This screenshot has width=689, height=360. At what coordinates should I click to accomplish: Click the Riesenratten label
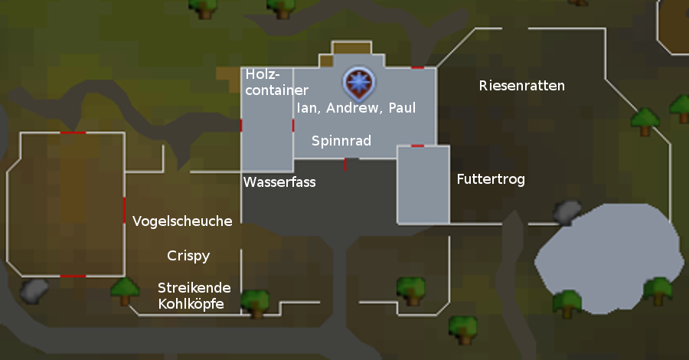point(521,85)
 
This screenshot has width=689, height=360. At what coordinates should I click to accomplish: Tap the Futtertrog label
point(490,180)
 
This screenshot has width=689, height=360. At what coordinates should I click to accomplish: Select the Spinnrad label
point(341,141)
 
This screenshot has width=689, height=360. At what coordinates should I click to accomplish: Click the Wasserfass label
point(279,182)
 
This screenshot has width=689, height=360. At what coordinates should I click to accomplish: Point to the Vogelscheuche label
point(182,221)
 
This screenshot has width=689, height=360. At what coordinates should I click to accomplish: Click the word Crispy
point(188,256)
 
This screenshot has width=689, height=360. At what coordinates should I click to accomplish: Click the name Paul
point(402,108)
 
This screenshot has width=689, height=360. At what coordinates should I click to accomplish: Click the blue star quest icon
point(355,80)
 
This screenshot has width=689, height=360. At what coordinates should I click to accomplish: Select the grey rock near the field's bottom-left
point(34,290)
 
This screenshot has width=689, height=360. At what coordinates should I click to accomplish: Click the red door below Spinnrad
point(345,164)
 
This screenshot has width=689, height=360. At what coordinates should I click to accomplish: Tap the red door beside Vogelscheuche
point(125,210)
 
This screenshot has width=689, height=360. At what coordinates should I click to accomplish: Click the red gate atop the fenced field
point(73,133)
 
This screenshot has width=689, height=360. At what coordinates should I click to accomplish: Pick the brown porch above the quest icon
point(351,47)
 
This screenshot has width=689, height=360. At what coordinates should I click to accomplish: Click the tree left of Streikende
point(124,290)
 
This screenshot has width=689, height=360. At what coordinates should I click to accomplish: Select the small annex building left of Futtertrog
point(423,184)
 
